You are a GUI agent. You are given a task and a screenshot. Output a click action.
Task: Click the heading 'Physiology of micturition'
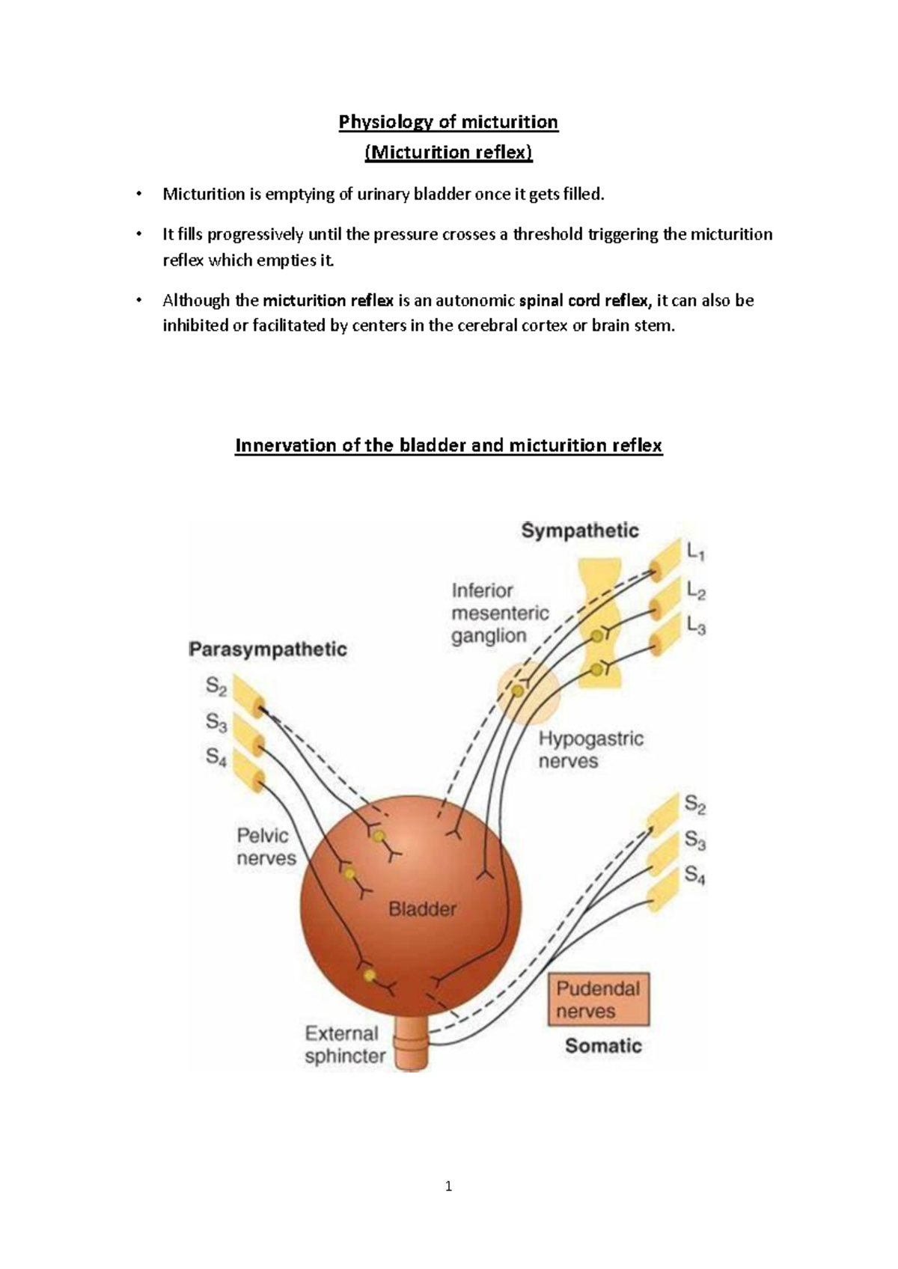tap(448, 121)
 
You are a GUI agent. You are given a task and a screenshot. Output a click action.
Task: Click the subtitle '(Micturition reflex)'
tap(448, 153)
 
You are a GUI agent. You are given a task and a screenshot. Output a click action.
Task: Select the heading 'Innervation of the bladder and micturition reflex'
tap(448, 445)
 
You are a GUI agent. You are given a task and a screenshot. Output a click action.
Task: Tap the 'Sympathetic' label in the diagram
tap(580, 531)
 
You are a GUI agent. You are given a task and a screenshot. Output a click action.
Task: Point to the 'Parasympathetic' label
tap(267, 649)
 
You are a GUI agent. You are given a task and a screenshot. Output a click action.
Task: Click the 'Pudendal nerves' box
tap(598, 1000)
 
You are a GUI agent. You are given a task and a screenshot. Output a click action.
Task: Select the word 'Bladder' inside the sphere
tap(422, 909)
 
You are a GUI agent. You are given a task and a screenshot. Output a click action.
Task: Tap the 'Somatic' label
tap(603, 1045)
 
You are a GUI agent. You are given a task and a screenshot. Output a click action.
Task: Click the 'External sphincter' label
tap(345, 1045)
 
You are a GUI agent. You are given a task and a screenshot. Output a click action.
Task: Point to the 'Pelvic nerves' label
tap(266, 846)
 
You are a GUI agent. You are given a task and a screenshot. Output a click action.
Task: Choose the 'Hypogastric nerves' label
tap(590, 750)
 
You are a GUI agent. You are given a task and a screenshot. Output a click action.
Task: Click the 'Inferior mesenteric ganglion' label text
tap(500, 613)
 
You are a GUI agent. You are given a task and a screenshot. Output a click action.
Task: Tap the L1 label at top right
tap(695, 553)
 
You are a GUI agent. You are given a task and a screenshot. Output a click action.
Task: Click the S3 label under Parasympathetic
tap(216, 722)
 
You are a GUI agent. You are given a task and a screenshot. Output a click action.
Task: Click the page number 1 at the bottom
tap(448, 1186)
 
